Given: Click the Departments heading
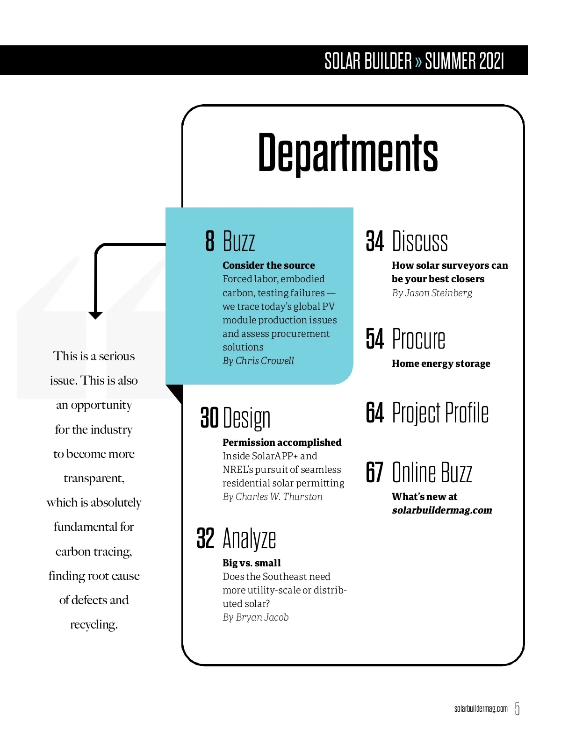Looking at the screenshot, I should tap(348, 152).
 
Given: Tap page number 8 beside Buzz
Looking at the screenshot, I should tap(210, 241).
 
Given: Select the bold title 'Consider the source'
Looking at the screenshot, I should tap(268, 265).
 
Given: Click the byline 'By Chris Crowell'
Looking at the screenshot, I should tap(258, 361).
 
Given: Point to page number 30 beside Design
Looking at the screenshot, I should tap(209, 417).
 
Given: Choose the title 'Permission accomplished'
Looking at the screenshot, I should tap(282, 442).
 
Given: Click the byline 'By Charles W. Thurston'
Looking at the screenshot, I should tap(273, 497).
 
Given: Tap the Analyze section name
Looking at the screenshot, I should tap(249, 538).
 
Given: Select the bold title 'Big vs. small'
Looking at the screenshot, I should tap(252, 563).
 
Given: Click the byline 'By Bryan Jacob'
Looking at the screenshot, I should tap(255, 617).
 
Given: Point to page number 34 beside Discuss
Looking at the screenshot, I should tap(375, 241).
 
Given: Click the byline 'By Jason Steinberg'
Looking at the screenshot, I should tap(432, 293).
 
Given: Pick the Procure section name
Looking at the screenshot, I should tap(418, 339).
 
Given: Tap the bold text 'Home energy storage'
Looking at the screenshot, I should tap(441, 364).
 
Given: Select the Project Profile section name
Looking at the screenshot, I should tap(440, 413).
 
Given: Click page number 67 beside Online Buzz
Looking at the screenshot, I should tap(375, 472).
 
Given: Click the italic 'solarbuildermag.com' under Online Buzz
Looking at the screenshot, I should tap(442, 510).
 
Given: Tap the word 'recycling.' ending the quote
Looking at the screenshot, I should tap(94, 625).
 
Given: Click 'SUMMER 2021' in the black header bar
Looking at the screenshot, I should tap(464, 61).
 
